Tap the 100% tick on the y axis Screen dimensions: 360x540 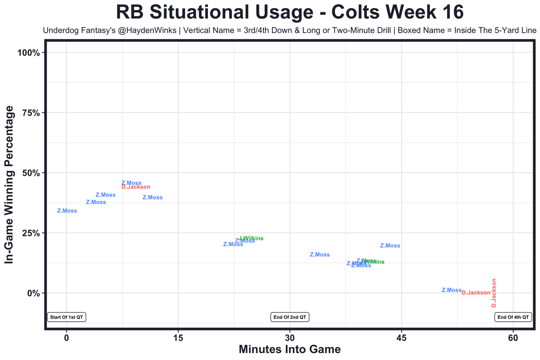28,53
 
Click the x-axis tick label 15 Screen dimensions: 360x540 178,338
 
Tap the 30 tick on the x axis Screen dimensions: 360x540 290,338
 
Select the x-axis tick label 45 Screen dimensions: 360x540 402,338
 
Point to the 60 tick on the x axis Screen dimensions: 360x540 513,338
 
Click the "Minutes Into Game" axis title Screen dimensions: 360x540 290,349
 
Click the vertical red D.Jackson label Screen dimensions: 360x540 494,293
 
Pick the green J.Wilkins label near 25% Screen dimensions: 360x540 251,238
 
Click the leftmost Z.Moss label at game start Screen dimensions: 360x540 67,211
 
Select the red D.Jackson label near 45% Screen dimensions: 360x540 136,187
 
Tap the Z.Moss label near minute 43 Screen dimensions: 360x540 390,246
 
